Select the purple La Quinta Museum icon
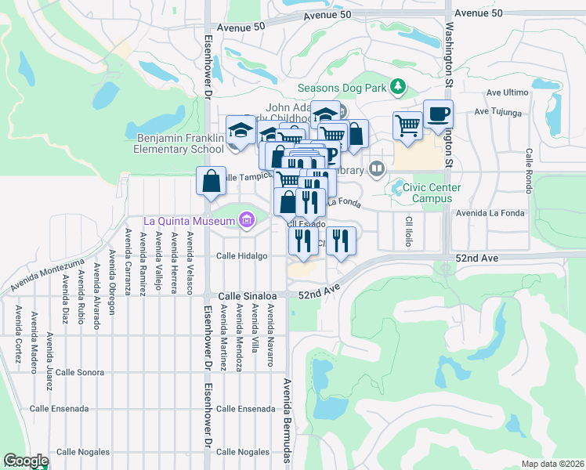tap(248, 220)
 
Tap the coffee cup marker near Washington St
tap(438, 114)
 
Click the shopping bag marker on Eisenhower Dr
tap(211, 182)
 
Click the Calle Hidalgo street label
tap(241, 256)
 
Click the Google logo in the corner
tap(26, 461)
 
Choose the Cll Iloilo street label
tap(408, 230)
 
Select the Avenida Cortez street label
tap(16, 330)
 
